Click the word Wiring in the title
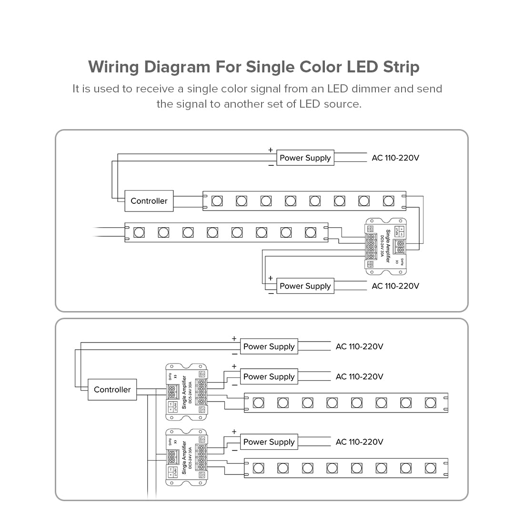pos(114,67)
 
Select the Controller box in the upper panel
pos(149,201)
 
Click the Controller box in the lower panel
pos(112,390)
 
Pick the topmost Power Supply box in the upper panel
pos(305,158)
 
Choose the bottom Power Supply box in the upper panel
pos(305,286)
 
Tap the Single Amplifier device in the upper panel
pos(386,246)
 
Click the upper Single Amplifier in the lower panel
pos(186,392)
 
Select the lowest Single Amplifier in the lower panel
pos(186,457)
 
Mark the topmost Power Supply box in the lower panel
pos(269,347)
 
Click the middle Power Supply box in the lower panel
pos(269,377)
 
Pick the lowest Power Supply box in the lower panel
pos(269,442)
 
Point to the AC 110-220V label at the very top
pos(395,158)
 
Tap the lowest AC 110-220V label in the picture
pos(359,442)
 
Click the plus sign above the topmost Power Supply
pos(271,150)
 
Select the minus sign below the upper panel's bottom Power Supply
pos(271,293)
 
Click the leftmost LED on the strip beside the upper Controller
pos(217,201)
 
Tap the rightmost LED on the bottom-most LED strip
pos(430,468)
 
